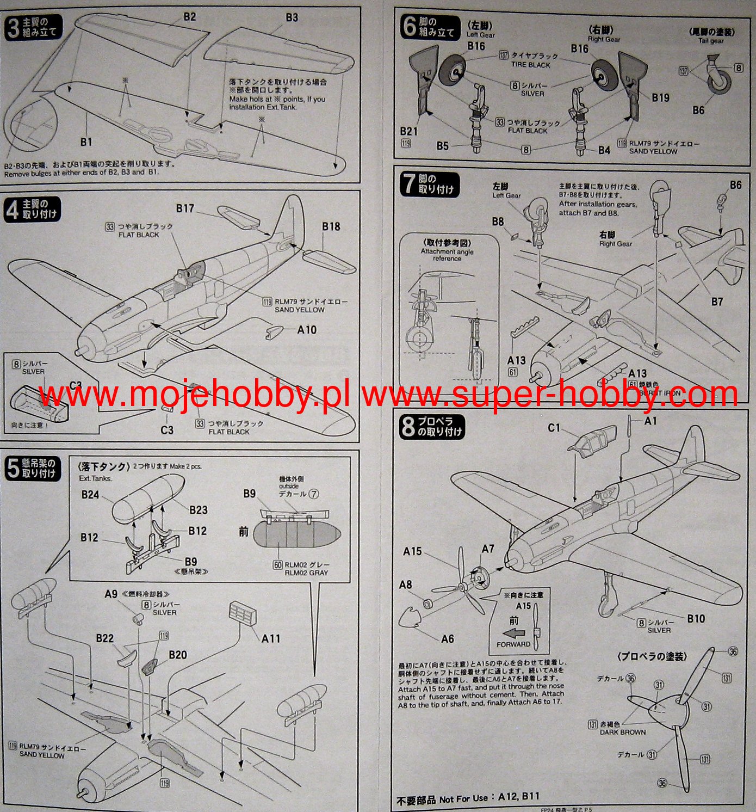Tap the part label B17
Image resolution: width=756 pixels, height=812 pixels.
[x=185, y=208]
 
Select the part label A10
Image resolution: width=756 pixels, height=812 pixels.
[x=307, y=330]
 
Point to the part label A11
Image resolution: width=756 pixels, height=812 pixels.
[x=271, y=638]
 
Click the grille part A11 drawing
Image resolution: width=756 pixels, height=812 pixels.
[x=242, y=613]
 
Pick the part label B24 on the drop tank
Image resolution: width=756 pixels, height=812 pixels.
[x=90, y=495]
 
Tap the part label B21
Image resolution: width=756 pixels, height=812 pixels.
[x=408, y=131]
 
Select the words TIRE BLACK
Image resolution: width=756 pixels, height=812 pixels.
[x=530, y=65]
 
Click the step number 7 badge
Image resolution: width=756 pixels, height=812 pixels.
[x=408, y=184]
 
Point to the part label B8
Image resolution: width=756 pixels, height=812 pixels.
[x=498, y=222]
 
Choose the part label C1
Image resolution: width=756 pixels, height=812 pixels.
[x=554, y=428]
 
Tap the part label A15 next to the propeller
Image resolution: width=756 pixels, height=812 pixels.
[x=412, y=551]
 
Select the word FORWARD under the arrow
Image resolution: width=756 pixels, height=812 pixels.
[x=513, y=644]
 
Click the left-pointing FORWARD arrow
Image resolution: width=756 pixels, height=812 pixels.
[x=514, y=633]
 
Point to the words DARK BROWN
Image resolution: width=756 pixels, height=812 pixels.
[x=623, y=732]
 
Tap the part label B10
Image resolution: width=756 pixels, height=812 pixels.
[x=696, y=618]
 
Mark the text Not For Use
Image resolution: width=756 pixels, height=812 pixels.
[x=463, y=798]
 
